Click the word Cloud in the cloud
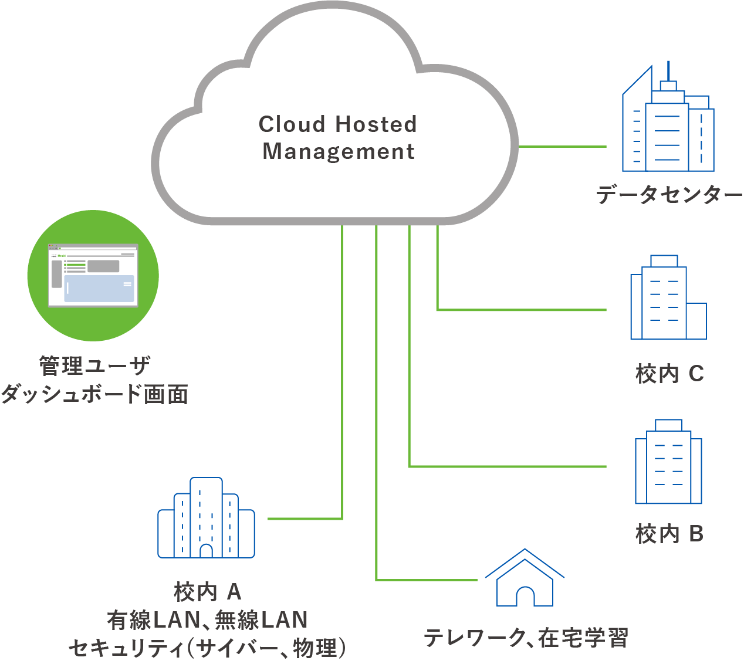(292, 124)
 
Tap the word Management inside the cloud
(339, 151)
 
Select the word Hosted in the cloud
(376, 124)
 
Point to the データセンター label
(669, 195)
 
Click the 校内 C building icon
(668, 299)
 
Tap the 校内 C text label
(669, 374)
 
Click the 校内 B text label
(669, 534)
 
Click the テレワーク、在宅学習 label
(526, 638)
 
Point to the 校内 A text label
(208, 592)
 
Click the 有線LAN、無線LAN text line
(208, 620)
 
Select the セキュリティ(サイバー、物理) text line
(208, 648)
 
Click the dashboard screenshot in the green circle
(93, 275)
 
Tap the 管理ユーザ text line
(94, 366)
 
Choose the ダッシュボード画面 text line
(94, 394)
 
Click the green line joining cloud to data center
(562, 147)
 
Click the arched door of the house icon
(525, 596)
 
